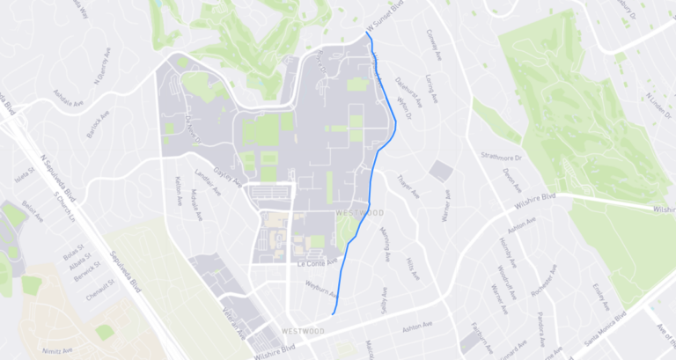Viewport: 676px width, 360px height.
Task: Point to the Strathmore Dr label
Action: (x=502, y=157)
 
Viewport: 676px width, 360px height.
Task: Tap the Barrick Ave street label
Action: (x=97, y=126)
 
